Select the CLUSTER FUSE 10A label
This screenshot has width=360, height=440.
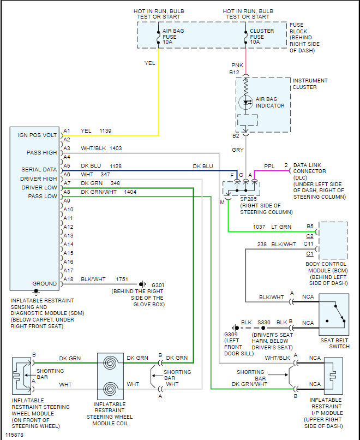[x=262, y=36]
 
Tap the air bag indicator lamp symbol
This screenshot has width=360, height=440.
[x=245, y=102]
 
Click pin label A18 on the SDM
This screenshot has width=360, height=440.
[x=68, y=279]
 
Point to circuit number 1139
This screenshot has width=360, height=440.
[x=106, y=131]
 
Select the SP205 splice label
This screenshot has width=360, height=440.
[x=248, y=200]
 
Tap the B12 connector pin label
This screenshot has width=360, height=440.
[x=235, y=72]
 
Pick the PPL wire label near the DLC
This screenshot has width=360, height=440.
[x=269, y=165]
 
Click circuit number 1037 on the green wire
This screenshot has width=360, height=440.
[x=260, y=225]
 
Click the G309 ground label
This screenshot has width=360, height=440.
[x=232, y=335]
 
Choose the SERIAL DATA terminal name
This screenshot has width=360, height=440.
[x=39, y=170]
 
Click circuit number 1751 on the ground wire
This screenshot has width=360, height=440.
[x=122, y=279]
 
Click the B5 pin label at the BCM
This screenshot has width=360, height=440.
[x=310, y=225]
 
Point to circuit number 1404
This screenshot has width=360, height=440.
[x=130, y=192]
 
